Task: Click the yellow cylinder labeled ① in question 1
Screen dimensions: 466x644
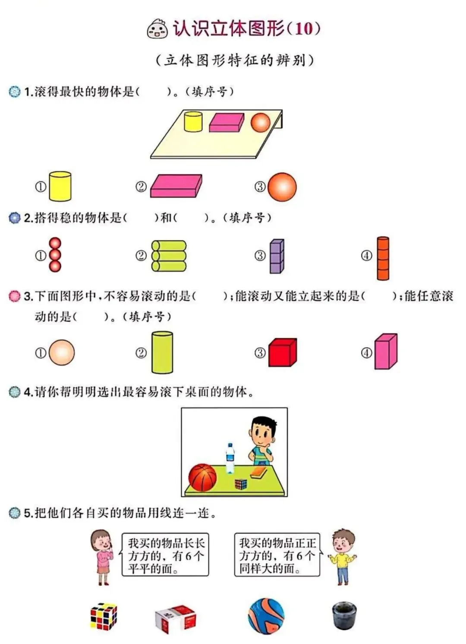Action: click(60, 186)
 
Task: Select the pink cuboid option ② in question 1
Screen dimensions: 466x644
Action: click(176, 186)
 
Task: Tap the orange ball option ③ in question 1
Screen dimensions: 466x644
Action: click(282, 187)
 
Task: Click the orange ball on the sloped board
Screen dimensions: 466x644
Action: click(261, 122)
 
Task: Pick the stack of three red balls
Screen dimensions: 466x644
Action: click(55, 255)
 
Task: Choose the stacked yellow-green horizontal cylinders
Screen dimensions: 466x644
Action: click(169, 256)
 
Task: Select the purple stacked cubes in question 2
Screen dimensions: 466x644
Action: click(277, 256)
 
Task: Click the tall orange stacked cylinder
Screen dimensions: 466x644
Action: click(383, 258)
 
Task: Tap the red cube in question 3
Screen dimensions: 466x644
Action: click(282, 352)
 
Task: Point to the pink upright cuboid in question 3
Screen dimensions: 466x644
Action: click(385, 352)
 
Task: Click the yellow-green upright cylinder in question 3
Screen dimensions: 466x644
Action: click(162, 352)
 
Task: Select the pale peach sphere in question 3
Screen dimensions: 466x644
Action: click(62, 352)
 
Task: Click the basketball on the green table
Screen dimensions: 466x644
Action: click(202, 478)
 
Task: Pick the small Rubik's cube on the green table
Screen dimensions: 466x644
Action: click(241, 484)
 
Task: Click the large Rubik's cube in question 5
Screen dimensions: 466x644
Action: click(104, 616)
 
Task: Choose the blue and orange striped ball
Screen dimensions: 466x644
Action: click(266, 616)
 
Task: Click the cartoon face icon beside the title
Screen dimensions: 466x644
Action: click(157, 29)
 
